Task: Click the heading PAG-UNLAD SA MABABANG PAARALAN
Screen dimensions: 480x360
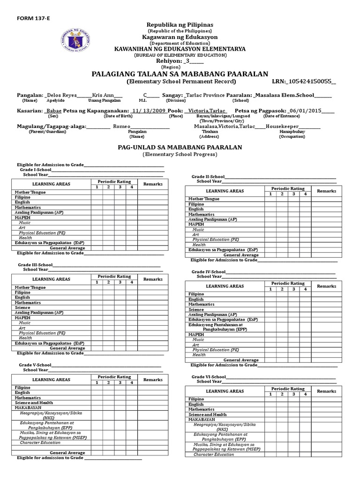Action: [x=180, y=147]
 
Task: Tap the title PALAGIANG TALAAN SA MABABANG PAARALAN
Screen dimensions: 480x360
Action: [x=180, y=74]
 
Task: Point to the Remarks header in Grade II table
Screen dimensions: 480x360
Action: [x=327, y=191]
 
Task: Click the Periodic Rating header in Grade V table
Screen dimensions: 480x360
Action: [x=114, y=376]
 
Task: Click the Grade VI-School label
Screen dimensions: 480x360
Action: [x=209, y=376]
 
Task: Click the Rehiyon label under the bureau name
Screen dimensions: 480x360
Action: [x=168, y=61]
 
